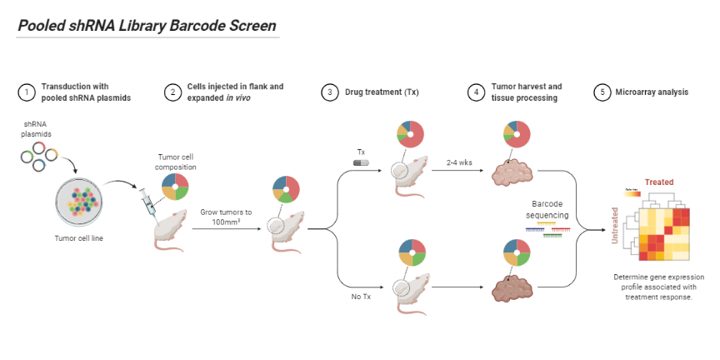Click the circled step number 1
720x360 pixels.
(26, 92)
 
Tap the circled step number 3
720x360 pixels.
(330, 92)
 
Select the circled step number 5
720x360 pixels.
(602, 92)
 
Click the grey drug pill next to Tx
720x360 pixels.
(361, 162)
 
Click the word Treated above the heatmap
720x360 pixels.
(658, 182)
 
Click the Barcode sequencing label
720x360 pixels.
(550, 209)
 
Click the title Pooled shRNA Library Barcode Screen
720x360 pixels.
(147, 26)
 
